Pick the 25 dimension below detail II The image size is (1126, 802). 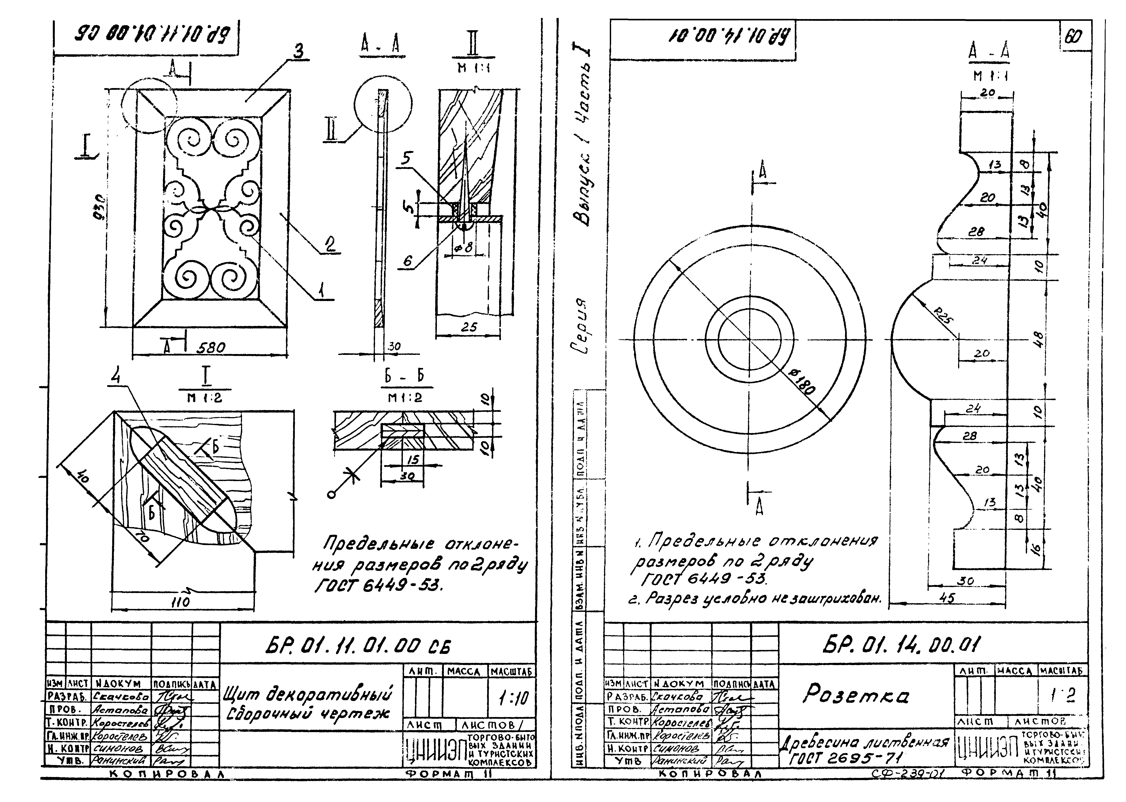tap(468, 327)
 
